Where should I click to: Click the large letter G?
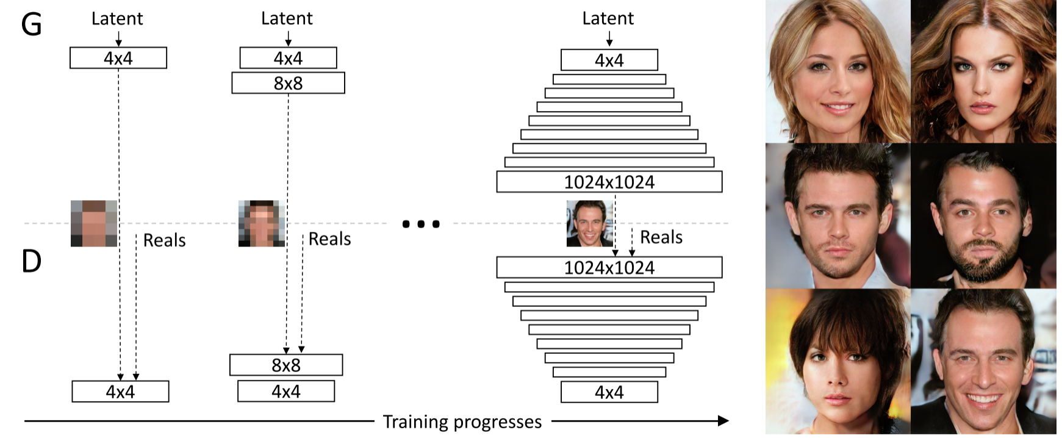coord(32,24)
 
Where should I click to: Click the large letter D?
coord(32,261)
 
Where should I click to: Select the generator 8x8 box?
coord(288,83)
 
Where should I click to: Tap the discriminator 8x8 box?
coord(286,365)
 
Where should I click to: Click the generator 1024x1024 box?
coord(609,182)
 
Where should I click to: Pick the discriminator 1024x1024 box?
coord(609,267)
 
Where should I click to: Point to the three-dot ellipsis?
coord(421,224)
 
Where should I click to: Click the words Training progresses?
coord(462,422)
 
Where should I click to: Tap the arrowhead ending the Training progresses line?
coord(723,420)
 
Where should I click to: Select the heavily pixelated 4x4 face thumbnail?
coord(94,223)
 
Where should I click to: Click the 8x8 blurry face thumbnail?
coord(262,223)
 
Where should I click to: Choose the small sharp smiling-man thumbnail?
coord(590,223)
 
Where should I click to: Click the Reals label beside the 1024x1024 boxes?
coord(661,237)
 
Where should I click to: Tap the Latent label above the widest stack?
coord(608,18)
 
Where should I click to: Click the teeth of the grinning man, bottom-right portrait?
coord(983,400)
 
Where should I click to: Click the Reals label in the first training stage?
coord(164,240)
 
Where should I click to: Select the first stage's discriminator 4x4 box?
coord(120,391)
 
